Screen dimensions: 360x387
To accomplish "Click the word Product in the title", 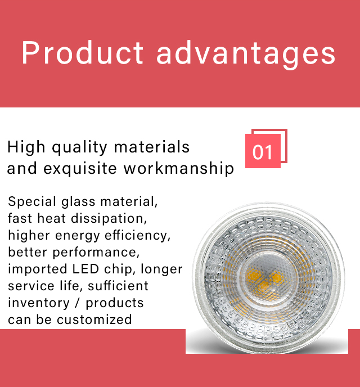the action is click(x=83, y=52).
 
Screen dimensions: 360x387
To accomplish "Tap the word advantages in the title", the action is click(x=246, y=55).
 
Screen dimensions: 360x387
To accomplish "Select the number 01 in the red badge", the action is click(x=263, y=152).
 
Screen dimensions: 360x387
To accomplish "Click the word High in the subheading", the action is click(x=26, y=148).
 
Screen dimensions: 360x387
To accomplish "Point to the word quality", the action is click(x=79, y=148).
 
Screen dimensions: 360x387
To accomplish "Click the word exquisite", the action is click(x=80, y=169).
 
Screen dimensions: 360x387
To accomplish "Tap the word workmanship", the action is click(x=179, y=169).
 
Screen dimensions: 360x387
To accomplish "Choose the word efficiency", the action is click(x=137, y=236).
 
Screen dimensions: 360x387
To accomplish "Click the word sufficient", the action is click(x=118, y=286).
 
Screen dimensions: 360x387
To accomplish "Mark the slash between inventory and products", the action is click(x=78, y=303).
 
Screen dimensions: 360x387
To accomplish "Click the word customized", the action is click(x=94, y=320).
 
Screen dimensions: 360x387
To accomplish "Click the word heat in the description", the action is click(x=52, y=219).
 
